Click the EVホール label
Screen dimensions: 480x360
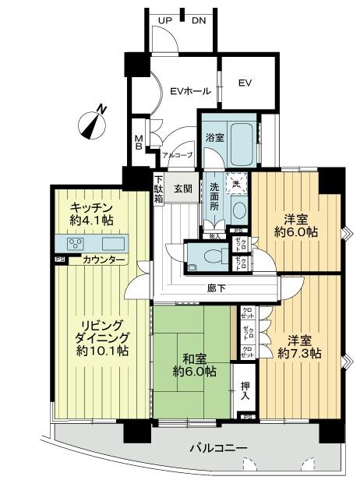click(x=190, y=91)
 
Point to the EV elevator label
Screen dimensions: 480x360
click(x=245, y=83)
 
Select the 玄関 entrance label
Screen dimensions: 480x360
click(x=183, y=188)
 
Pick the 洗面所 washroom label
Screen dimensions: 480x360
click(x=214, y=200)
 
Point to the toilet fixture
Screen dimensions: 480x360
click(x=209, y=254)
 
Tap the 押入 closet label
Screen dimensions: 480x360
click(x=245, y=390)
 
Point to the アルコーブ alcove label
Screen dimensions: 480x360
click(x=177, y=154)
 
